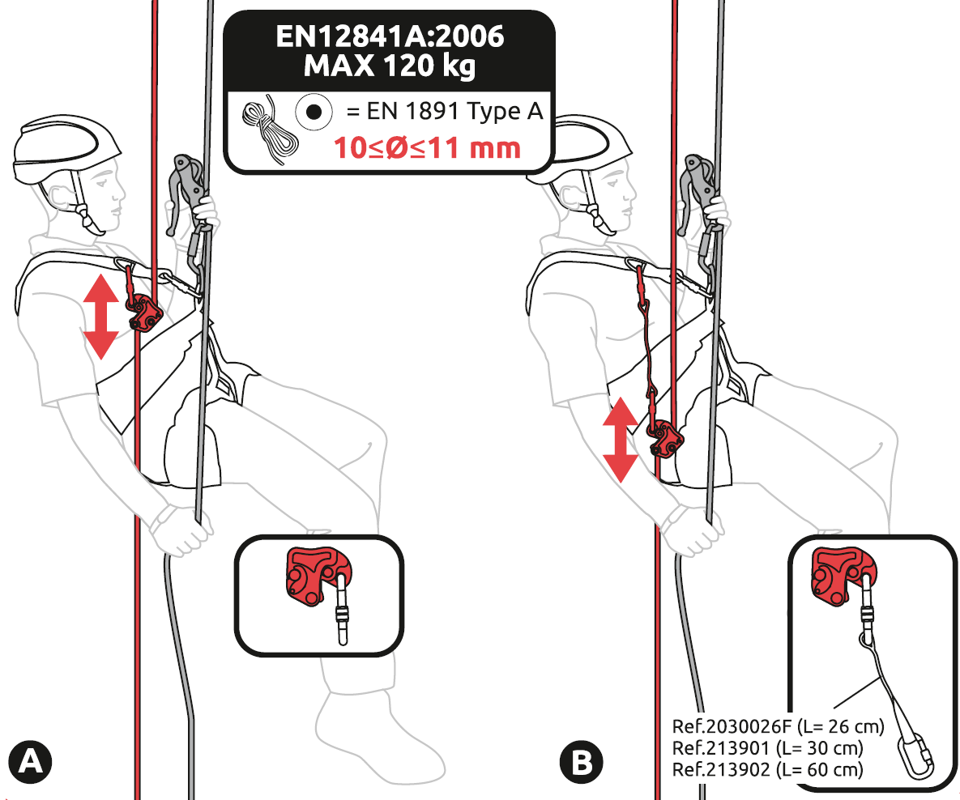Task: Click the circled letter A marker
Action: (30, 763)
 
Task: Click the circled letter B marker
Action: (581, 763)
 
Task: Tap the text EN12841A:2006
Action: (390, 36)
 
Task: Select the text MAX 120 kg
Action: (390, 66)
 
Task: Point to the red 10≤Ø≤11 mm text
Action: (428, 148)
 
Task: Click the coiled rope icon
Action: (270, 130)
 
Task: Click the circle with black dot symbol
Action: (314, 112)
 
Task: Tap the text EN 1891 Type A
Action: (445, 112)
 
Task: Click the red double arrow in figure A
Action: (101, 317)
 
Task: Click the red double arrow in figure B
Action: (621, 440)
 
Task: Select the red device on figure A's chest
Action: (144, 313)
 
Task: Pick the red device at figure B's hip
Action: (665, 438)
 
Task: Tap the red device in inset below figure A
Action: (318, 576)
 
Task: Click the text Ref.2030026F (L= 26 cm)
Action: (779, 726)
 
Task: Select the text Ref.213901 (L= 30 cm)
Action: (768, 748)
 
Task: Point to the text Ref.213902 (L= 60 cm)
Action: (768, 769)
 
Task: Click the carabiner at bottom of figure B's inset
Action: (916, 757)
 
